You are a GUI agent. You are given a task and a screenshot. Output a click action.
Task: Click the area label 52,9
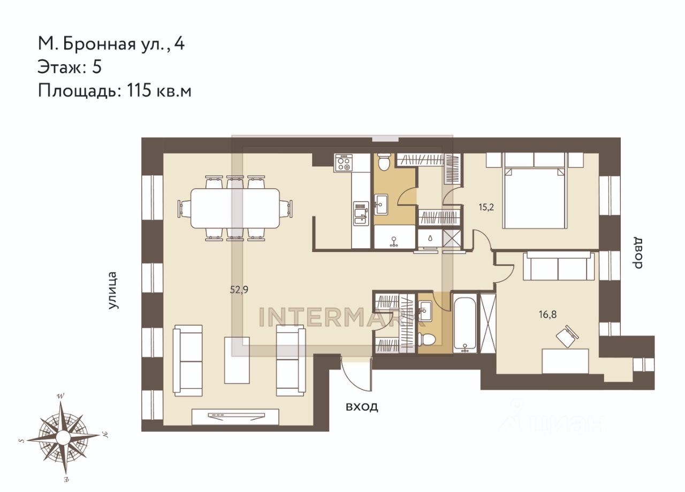point(239,289)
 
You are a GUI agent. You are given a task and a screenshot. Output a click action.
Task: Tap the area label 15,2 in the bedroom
point(486,207)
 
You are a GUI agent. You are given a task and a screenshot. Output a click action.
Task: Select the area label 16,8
point(547,314)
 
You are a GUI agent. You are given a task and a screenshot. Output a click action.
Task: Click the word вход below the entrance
point(362,407)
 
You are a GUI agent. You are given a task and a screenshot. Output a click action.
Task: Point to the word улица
point(113,290)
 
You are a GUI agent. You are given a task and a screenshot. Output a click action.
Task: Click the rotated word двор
point(637,252)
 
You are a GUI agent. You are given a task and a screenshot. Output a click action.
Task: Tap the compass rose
point(63,435)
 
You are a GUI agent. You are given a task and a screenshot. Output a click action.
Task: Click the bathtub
point(465,323)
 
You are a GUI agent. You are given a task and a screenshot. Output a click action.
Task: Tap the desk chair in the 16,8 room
point(567,336)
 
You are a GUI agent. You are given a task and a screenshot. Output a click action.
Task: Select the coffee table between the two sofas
point(237,360)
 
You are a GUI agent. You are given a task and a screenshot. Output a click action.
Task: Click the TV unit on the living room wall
point(235,417)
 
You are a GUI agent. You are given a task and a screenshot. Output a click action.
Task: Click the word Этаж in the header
point(61,67)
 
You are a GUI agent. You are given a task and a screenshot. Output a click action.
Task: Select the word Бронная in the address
point(100,44)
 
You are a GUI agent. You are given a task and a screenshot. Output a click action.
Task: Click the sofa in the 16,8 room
point(559,266)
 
